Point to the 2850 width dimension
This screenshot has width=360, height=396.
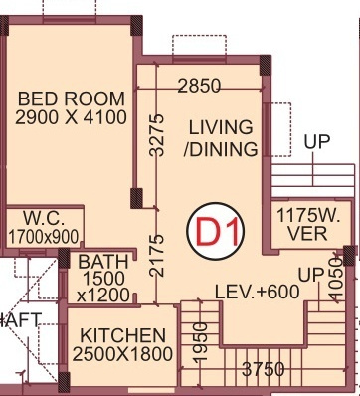pos(198,87)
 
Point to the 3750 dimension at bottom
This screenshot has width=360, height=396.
pos(265,370)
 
